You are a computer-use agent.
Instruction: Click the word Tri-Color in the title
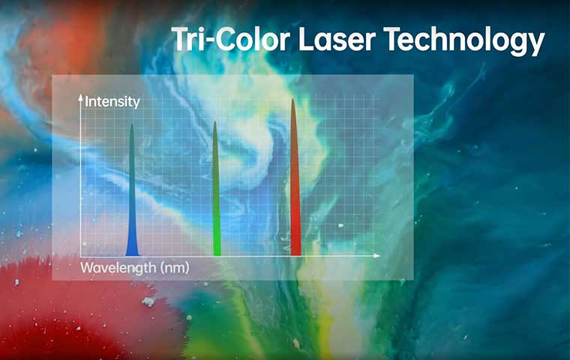coord(231,39)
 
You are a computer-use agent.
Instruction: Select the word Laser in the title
coord(337,39)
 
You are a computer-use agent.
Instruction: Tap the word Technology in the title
coord(464,41)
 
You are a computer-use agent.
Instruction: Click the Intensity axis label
coord(112,102)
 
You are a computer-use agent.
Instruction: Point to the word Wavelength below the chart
coord(118,268)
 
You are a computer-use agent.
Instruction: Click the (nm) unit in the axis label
coord(175,268)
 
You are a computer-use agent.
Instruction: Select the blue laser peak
coord(132,190)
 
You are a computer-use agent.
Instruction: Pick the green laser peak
coord(216,189)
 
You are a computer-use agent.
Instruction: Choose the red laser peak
coord(295,177)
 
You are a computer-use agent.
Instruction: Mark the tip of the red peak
coord(292,98)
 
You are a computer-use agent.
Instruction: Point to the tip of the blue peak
coord(132,124)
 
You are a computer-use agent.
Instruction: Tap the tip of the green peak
coord(214,121)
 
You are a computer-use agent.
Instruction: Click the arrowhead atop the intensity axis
coord(81,97)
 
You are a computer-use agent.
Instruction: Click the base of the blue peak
coord(132,255)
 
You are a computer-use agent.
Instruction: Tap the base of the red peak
coord(295,255)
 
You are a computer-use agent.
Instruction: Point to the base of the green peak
coord(217,255)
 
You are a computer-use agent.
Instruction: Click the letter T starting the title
coord(181,39)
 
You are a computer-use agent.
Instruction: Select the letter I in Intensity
coord(86,102)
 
